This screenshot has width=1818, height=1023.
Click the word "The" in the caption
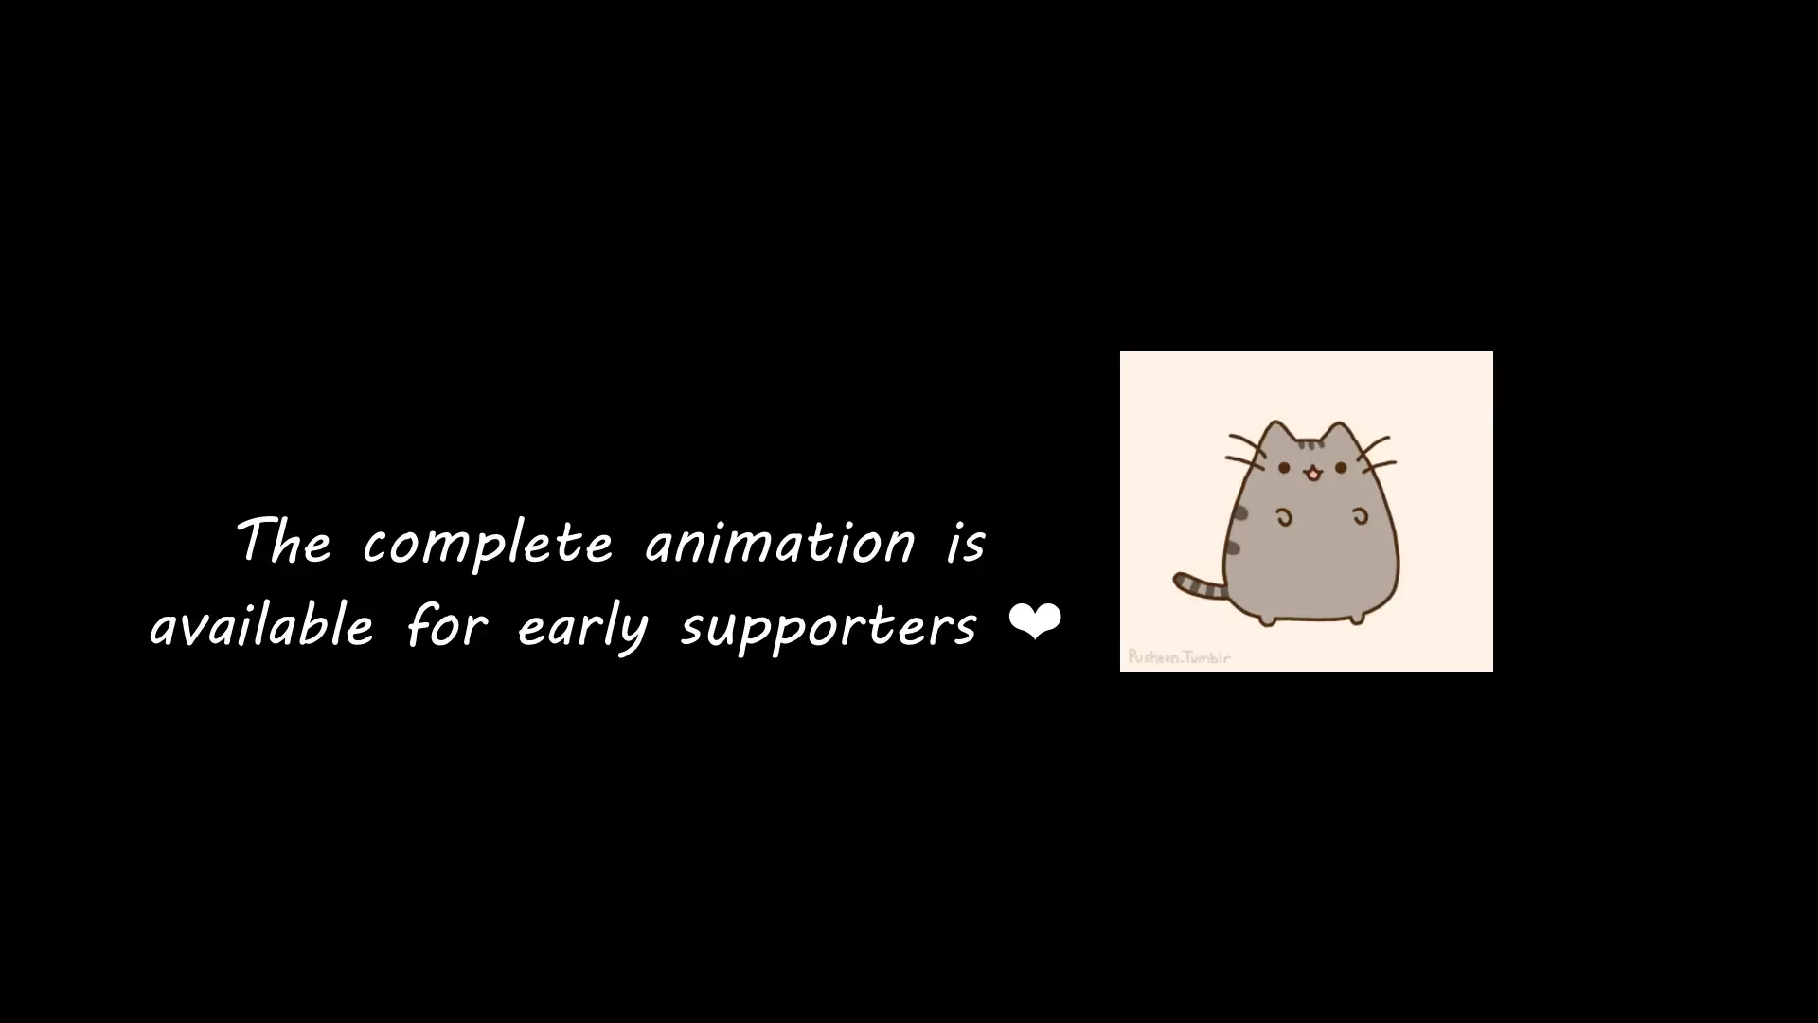tap(283, 541)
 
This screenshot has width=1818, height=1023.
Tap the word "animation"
tap(780, 543)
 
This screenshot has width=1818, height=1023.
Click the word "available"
tap(262, 625)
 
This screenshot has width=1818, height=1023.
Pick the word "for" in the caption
tap(447, 626)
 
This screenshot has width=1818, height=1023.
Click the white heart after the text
tap(1035, 622)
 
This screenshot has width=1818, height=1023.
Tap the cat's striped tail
tap(1200, 586)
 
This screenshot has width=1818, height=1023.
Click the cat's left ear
tap(1278, 435)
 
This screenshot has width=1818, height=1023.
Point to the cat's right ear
tap(1339, 437)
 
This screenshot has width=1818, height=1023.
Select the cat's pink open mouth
tap(1312, 474)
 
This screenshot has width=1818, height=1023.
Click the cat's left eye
tap(1285, 467)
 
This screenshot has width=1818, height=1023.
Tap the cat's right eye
tap(1341, 467)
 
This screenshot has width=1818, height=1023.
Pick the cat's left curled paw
tap(1285, 516)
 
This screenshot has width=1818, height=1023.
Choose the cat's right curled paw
tap(1360, 516)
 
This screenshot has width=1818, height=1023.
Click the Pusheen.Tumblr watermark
tap(1179, 657)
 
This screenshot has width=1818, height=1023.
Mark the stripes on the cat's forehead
tap(1310, 444)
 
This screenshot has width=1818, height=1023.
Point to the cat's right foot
tap(1356, 619)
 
